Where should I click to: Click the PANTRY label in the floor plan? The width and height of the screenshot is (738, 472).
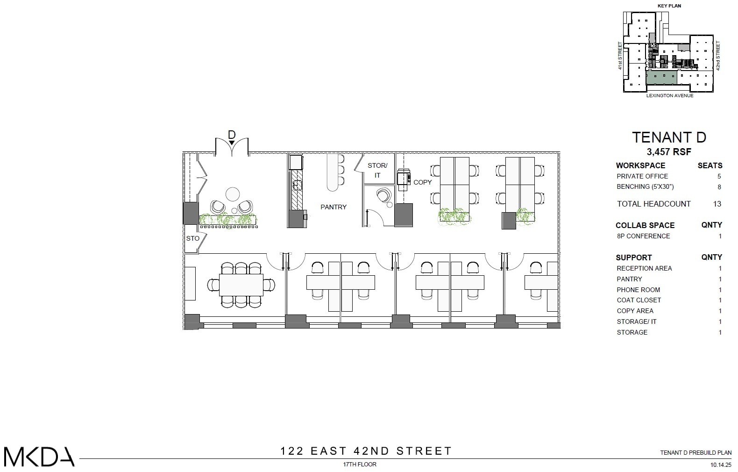(333, 207)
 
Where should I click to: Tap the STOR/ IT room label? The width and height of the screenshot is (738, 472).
(377, 170)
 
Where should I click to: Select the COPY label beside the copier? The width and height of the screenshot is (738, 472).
(422, 182)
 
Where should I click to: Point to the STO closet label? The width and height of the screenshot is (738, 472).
(192, 238)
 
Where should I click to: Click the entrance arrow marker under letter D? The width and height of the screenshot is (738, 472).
(232, 142)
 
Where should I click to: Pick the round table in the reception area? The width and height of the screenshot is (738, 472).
(232, 194)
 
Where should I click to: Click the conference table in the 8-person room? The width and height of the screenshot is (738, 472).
(241, 285)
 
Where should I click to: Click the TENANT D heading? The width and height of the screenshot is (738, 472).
(669, 137)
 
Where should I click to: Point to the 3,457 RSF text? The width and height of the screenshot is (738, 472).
(669, 152)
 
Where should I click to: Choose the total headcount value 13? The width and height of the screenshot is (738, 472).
(717, 204)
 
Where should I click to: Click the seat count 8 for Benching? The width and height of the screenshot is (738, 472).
(719, 187)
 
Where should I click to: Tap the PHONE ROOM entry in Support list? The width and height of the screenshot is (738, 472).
(638, 290)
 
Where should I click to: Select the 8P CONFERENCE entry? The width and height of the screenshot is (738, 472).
(643, 236)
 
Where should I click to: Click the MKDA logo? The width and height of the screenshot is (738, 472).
(39, 457)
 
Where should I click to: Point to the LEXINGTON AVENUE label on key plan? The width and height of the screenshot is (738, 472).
(669, 96)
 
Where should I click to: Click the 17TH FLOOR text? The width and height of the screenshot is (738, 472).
(359, 465)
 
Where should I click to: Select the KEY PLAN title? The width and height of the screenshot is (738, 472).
(669, 6)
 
